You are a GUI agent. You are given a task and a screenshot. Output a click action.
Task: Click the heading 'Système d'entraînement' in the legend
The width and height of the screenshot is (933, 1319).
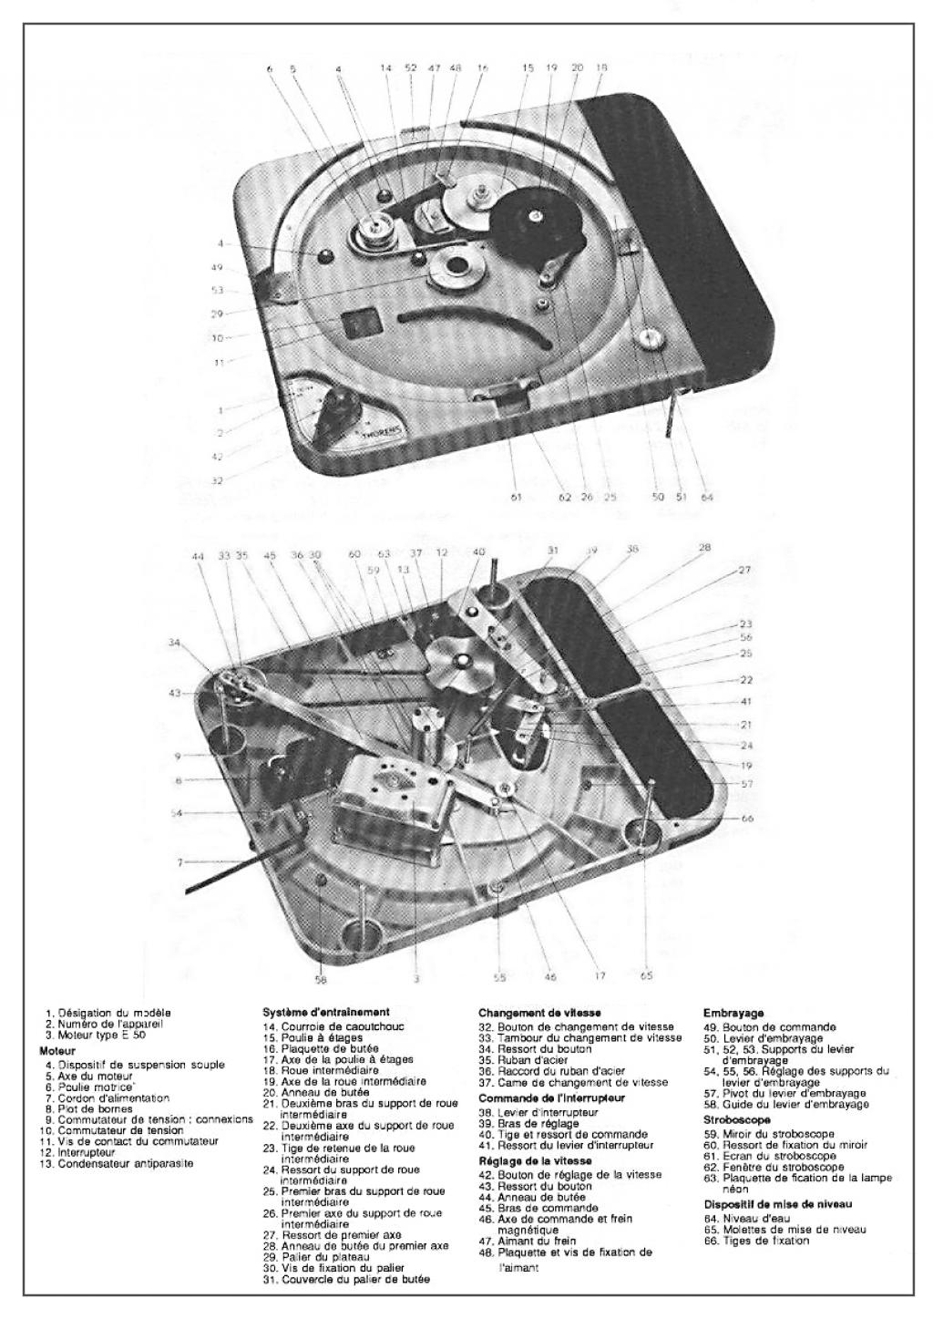click(x=326, y=1011)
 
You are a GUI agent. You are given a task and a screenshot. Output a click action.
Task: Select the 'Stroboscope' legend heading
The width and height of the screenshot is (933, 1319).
click(x=737, y=1118)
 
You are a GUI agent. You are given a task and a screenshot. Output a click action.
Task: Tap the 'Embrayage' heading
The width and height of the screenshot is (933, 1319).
click(x=733, y=1012)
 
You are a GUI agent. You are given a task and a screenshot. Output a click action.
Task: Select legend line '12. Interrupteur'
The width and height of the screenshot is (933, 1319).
click(x=78, y=1152)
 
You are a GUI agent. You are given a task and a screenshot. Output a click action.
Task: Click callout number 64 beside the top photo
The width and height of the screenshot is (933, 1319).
click(x=707, y=497)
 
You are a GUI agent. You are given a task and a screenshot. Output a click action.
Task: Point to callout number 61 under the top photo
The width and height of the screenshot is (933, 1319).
click(x=516, y=498)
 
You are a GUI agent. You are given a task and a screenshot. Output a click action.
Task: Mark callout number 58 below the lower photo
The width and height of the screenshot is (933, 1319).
click(x=320, y=981)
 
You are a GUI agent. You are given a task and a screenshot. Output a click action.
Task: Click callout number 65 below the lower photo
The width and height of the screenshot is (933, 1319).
click(x=646, y=975)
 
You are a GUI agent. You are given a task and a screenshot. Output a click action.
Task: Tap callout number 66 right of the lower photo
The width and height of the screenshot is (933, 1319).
click(x=747, y=819)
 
